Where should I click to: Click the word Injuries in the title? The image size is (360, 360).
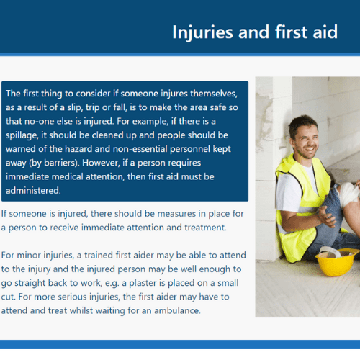(x=202, y=32)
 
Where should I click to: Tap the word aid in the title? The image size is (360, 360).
(x=325, y=32)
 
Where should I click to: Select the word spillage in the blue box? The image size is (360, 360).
(x=22, y=135)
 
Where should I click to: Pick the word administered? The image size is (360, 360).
(x=33, y=191)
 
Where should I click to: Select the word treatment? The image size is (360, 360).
(x=205, y=228)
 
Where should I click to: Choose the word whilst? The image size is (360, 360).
(x=81, y=311)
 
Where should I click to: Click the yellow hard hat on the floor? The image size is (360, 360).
(x=337, y=262)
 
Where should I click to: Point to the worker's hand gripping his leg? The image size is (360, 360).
(x=328, y=216)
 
